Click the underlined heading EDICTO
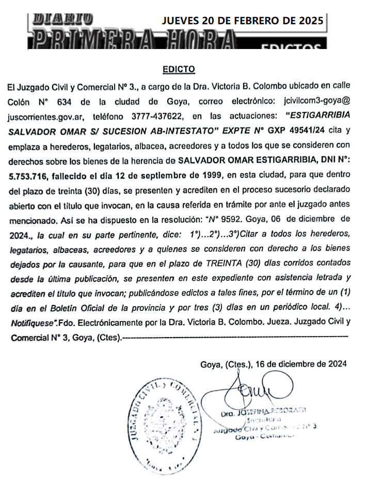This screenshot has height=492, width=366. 179,69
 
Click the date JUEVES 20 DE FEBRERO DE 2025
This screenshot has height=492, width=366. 243,21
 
